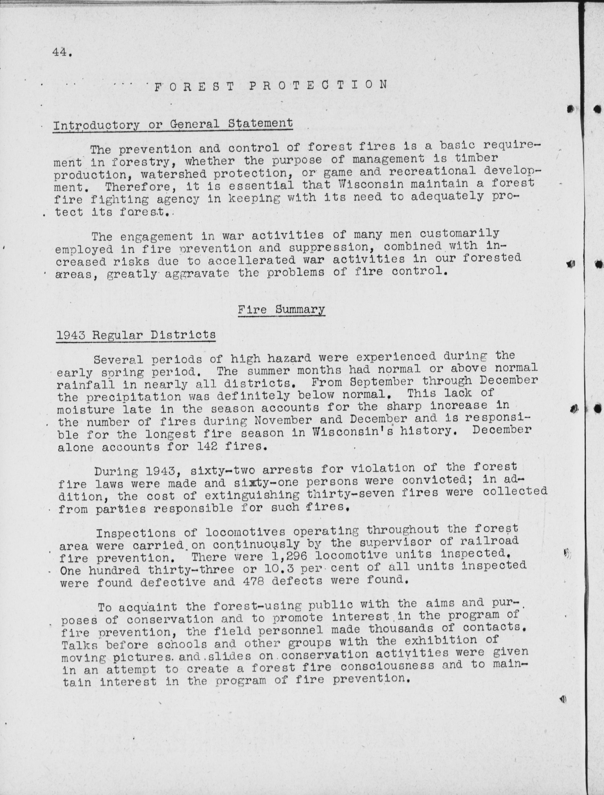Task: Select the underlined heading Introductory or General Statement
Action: click(x=173, y=124)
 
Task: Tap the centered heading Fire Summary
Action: click(x=281, y=309)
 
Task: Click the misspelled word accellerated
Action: click(x=252, y=260)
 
